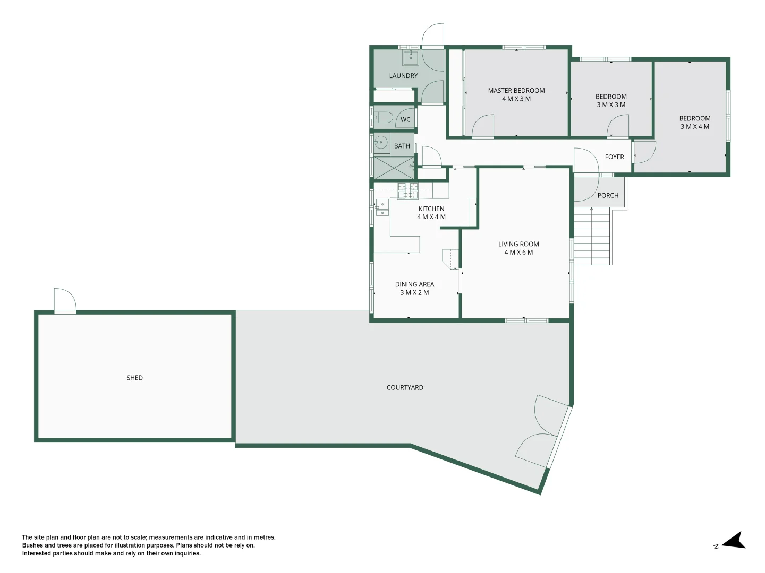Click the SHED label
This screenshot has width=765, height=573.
134,378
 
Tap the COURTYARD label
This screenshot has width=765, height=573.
405,387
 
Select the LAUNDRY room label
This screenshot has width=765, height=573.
403,76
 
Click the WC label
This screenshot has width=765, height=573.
405,120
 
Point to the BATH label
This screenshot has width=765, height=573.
402,146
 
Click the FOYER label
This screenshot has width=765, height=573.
614,157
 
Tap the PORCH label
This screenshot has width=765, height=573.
608,196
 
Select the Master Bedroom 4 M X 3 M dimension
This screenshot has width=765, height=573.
516,99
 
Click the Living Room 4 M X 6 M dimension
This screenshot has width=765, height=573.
518,253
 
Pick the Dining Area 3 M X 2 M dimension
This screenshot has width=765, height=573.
414,293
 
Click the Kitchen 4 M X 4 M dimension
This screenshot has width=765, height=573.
431,217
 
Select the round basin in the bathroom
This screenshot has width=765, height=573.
380,142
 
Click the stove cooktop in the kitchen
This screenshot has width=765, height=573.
407,190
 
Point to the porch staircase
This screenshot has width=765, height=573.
592,236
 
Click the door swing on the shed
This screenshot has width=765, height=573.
65,301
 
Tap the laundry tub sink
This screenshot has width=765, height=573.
411,58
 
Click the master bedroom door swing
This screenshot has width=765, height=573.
483,127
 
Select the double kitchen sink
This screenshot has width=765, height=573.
382,207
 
